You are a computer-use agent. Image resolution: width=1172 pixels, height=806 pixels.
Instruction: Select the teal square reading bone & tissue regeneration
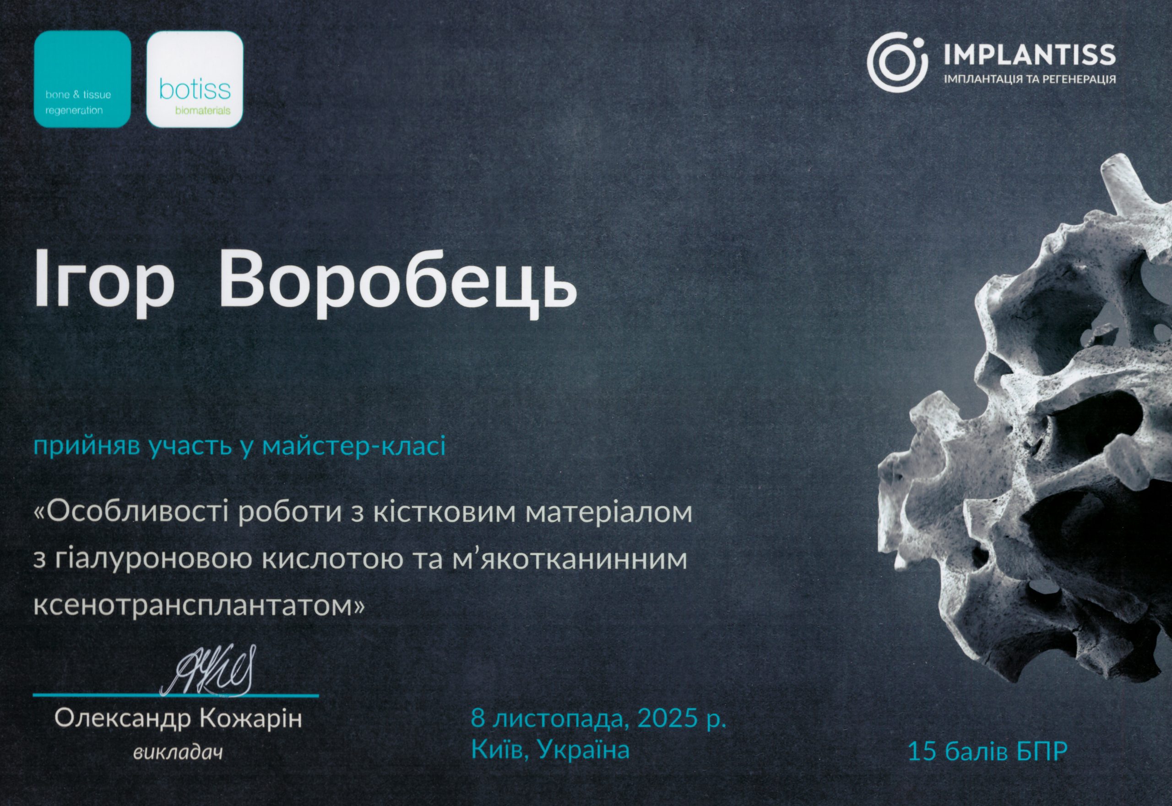click(x=82, y=78)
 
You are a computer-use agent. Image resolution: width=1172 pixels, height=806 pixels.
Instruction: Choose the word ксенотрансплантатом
click(x=198, y=605)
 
